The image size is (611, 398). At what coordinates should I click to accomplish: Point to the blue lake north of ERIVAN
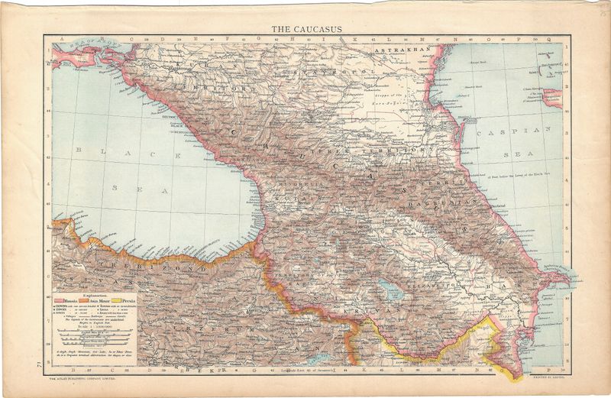[x=387, y=289]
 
